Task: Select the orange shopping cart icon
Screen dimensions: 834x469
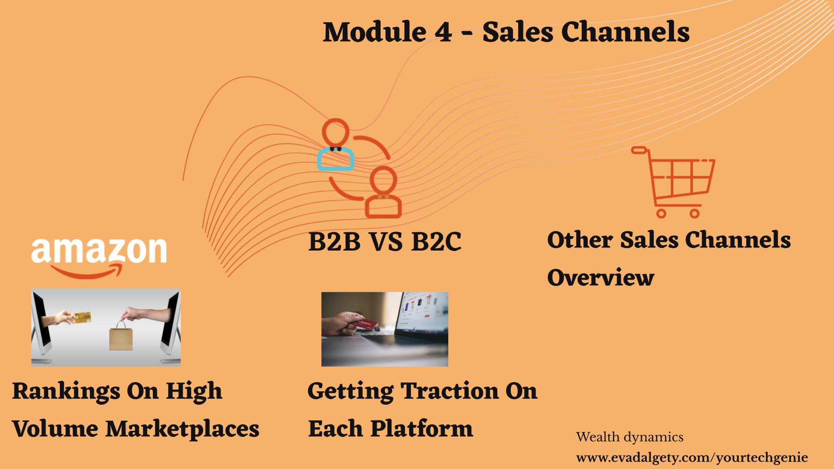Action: tap(673, 182)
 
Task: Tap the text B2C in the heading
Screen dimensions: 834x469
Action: tap(436, 241)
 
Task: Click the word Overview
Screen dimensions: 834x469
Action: tap(601, 277)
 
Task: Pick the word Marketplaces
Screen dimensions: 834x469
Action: tap(182, 429)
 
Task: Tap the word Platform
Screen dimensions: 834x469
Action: tap(421, 429)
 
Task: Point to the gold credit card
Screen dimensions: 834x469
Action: tap(83, 318)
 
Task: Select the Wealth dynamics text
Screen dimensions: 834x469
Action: tap(630, 437)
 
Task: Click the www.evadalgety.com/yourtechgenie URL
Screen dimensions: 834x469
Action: tap(692, 458)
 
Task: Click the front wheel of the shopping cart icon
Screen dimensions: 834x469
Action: tap(661, 213)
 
